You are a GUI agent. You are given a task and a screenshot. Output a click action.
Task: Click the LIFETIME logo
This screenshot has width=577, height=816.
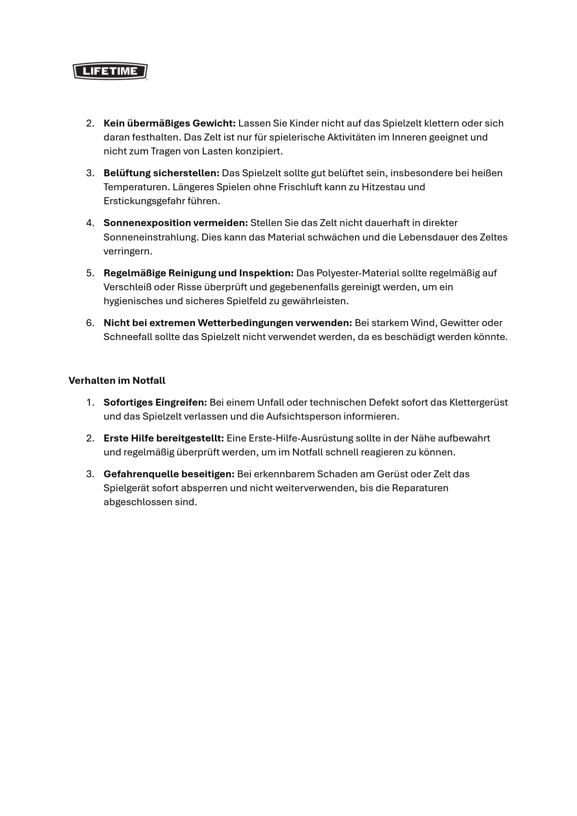tap(110, 71)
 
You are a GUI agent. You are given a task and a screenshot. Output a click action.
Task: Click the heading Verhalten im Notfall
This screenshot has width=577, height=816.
tap(117, 381)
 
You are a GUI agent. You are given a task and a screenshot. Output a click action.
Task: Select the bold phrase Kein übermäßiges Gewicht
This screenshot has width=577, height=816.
tap(169, 123)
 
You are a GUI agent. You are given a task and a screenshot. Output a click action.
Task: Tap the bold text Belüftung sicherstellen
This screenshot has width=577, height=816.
tap(161, 173)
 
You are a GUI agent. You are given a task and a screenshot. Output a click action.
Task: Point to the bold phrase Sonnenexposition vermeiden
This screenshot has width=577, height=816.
tap(175, 223)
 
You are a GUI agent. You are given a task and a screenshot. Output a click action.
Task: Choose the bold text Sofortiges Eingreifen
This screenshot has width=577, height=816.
tap(155, 402)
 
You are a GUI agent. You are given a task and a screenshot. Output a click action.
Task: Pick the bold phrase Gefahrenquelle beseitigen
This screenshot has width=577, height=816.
tap(168, 474)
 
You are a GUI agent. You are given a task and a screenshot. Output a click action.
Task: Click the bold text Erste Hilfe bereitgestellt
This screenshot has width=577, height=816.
tap(163, 438)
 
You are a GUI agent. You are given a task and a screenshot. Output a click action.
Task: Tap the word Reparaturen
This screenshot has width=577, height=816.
tap(420, 488)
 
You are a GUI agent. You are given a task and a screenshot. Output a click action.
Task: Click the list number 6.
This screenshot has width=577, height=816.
tap(90, 323)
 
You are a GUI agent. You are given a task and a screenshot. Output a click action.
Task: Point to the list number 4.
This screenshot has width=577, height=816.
tap(90, 223)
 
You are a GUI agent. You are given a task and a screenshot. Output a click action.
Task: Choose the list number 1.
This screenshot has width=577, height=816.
tap(90, 402)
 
